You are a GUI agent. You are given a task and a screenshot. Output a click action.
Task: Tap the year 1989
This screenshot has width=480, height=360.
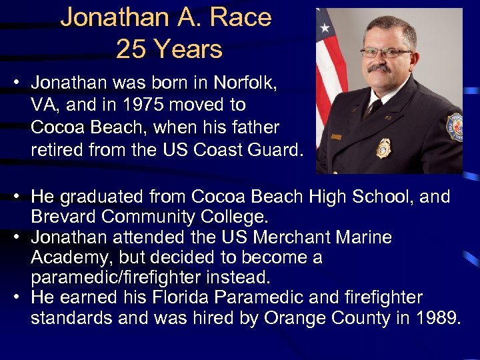coord(437,317)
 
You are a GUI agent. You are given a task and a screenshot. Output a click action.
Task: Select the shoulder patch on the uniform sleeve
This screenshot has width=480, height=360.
coord(455,127)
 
